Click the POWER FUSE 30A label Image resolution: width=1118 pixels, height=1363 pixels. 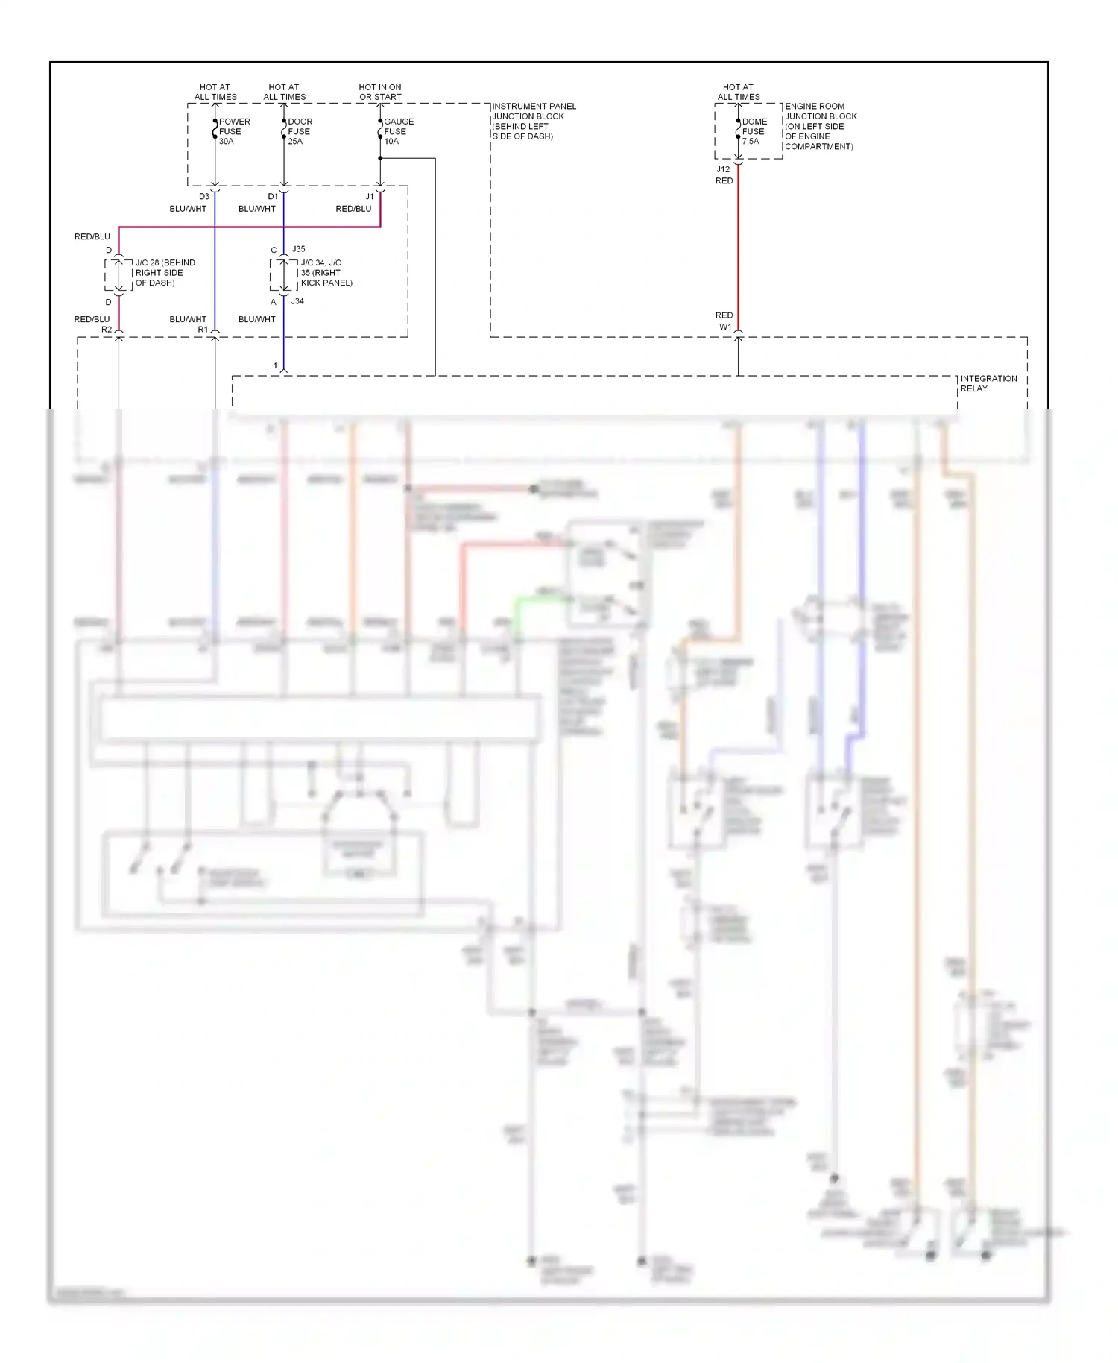point(234,131)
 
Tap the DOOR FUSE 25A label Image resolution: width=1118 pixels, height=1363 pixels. point(300,131)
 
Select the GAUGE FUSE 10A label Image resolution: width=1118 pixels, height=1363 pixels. point(398,131)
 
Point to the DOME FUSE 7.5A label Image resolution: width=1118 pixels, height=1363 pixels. point(754,131)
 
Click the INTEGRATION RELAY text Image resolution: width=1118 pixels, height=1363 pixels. point(988,383)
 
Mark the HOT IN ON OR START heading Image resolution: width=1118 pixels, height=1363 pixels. point(380,92)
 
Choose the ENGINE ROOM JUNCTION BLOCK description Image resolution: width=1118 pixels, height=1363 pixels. point(820,126)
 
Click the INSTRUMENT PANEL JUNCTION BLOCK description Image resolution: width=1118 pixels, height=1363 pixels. point(534,121)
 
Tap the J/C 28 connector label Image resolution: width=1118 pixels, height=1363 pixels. point(165,273)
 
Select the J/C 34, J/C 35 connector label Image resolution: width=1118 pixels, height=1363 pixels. point(326,273)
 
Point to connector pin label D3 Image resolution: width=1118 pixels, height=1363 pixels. point(204,197)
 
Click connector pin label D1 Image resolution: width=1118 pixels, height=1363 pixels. point(273,197)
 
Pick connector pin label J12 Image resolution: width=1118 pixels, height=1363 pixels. point(723,169)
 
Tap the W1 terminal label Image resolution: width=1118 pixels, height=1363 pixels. point(725,327)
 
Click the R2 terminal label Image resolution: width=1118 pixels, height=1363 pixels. point(107,330)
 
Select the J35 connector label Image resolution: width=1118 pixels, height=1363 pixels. point(298,249)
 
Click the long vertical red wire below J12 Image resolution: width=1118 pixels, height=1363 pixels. point(738,246)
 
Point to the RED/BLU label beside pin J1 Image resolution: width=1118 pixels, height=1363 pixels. point(353,209)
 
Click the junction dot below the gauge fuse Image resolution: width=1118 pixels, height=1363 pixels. point(380,158)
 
